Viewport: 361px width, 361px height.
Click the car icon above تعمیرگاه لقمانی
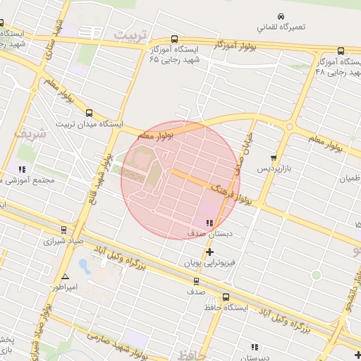[x=281, y=16]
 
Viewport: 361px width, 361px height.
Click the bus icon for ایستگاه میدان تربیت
[x=89, y=113]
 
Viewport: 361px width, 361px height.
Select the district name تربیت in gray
[x=133, y=35]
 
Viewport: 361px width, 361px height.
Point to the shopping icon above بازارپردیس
[x=274, y=158]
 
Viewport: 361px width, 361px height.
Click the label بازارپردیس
[x=272, y=169]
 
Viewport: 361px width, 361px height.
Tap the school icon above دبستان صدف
[x=209, y=223]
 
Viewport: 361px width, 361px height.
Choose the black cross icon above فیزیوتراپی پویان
[x=209, y=252]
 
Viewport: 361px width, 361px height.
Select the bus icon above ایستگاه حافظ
[x=226, y=297]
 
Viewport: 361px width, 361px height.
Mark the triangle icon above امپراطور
[x=65, y=276]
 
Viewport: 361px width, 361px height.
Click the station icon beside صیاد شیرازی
[x=64, y=230]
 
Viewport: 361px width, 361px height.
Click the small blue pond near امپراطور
[x=85, y=267]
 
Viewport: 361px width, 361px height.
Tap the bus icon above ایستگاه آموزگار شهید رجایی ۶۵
[x=174, y=39]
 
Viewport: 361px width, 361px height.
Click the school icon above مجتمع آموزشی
[x=22, y=169]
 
